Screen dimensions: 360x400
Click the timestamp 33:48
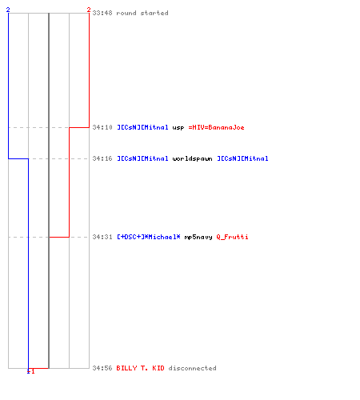tap(102, 13)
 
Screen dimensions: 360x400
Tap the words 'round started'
tap(142, 13)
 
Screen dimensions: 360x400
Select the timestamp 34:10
tap(102, 127)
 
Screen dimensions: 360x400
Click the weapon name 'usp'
tap(178, 128)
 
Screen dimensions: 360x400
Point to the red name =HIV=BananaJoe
tap(216, 127)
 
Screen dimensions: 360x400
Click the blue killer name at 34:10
tap(142, 127)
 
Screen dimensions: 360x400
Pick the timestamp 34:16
tap(102, 158)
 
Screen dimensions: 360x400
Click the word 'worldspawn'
tap(192, 158)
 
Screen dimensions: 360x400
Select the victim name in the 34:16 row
tap(242, 158)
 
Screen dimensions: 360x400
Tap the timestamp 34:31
tap(102, 237)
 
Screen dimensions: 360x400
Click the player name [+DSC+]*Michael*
tap(149, 237)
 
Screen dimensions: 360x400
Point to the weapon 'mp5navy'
tap(198, 237)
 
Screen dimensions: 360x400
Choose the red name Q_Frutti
tap(232, 237)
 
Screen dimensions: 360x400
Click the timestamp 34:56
tap(102, 368)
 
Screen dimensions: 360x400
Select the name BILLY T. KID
tap(140, 368)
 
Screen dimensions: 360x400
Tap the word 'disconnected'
tap(192, 368)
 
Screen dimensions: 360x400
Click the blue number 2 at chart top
tap(8, 10)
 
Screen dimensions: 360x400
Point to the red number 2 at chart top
tap(89, 10)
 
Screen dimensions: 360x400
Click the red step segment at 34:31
tap(59, 237)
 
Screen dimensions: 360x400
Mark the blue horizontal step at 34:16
tap(18, 158)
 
